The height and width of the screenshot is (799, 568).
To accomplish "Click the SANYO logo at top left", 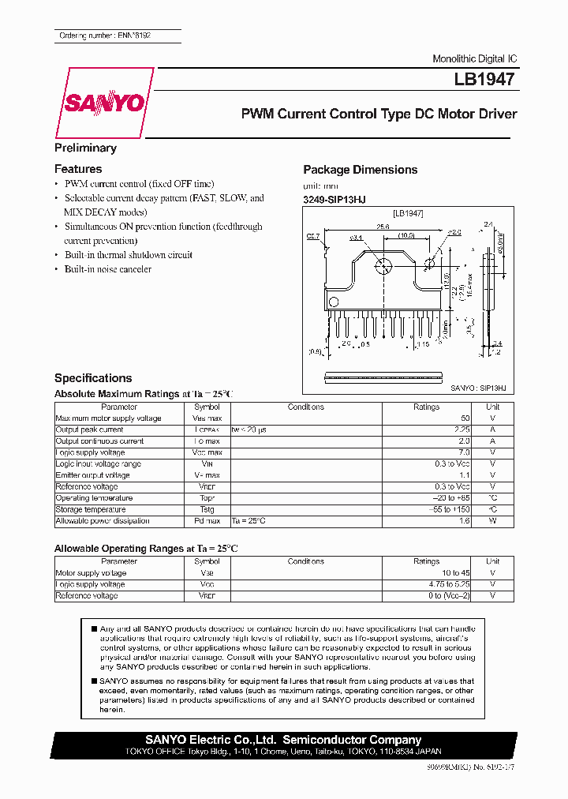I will [x=104, y=103].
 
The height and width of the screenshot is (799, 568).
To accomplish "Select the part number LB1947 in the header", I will [x=484, y=80].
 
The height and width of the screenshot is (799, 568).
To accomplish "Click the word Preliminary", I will [x=85, y=148].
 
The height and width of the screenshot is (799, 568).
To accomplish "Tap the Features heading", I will [x=78, y=169].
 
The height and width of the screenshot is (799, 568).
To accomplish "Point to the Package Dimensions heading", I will [x=361, y=170].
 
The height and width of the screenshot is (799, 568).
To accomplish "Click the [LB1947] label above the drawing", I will [x=408, y=213].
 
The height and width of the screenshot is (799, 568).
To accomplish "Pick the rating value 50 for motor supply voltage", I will [x=465, y=418].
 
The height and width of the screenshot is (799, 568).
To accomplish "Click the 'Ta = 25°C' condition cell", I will [x=248, y=521].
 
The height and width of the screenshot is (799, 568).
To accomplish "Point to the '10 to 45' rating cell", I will [x=455, y=573].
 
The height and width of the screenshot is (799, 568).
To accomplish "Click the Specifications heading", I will [x=93, y=378].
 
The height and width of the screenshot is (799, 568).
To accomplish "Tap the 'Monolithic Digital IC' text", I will [x=475, y=59].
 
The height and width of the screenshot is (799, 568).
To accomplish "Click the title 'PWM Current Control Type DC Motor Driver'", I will [x=379, y=114].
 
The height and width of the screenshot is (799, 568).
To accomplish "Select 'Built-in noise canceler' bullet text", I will [x=108, y=269].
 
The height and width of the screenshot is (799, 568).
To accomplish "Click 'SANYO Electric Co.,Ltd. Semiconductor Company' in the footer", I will [x=283, y=740].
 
